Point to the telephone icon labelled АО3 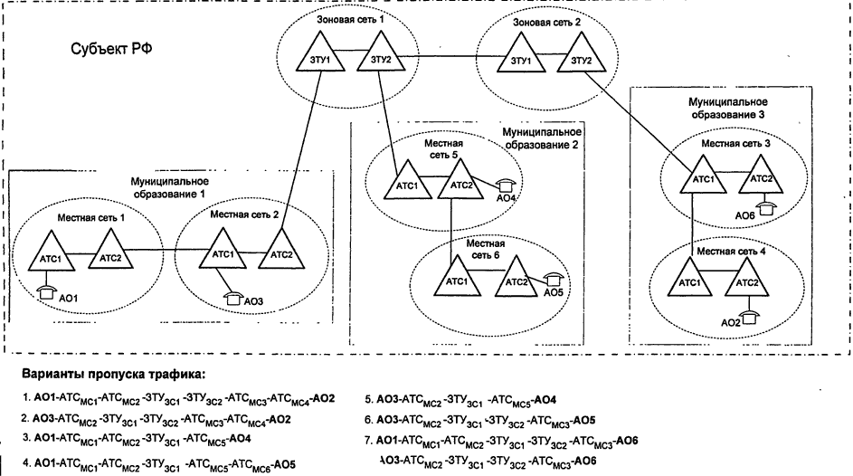click(233, 295)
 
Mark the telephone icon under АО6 click(766, 207)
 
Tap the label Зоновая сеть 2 click(546, 20)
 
